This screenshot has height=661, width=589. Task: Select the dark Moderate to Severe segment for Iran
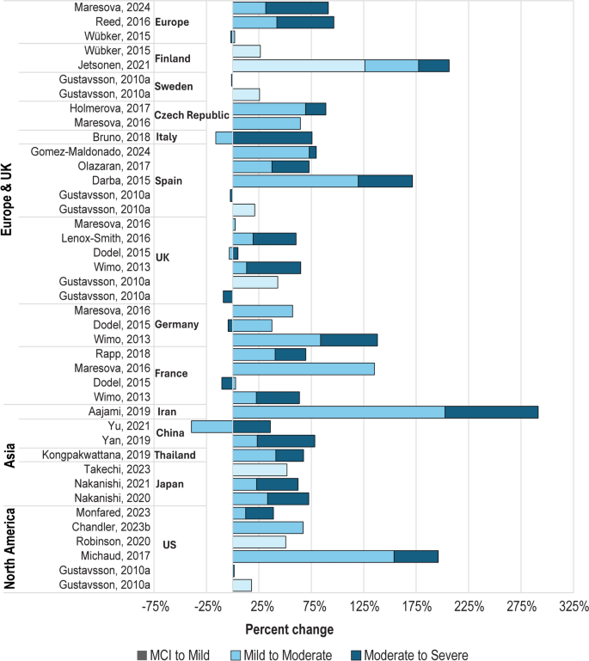pyautogui.click(x=491, y=412)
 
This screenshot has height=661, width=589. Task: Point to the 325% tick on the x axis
pyautogui.click(x=574, y=608)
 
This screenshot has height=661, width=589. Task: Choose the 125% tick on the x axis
pyautogui.click(x=364, y=608)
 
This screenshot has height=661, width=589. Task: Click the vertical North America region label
pyautogui.click(x=10, y=547)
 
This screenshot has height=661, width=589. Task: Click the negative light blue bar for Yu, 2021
pyautogui.click(x=212, y=426)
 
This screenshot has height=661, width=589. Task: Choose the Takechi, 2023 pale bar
pyautogui.click(x=260, y=469)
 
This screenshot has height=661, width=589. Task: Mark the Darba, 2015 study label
pyautogui.click(x=121, y=181)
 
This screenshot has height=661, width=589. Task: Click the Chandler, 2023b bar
pyautogui.click(x=267, y=527)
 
